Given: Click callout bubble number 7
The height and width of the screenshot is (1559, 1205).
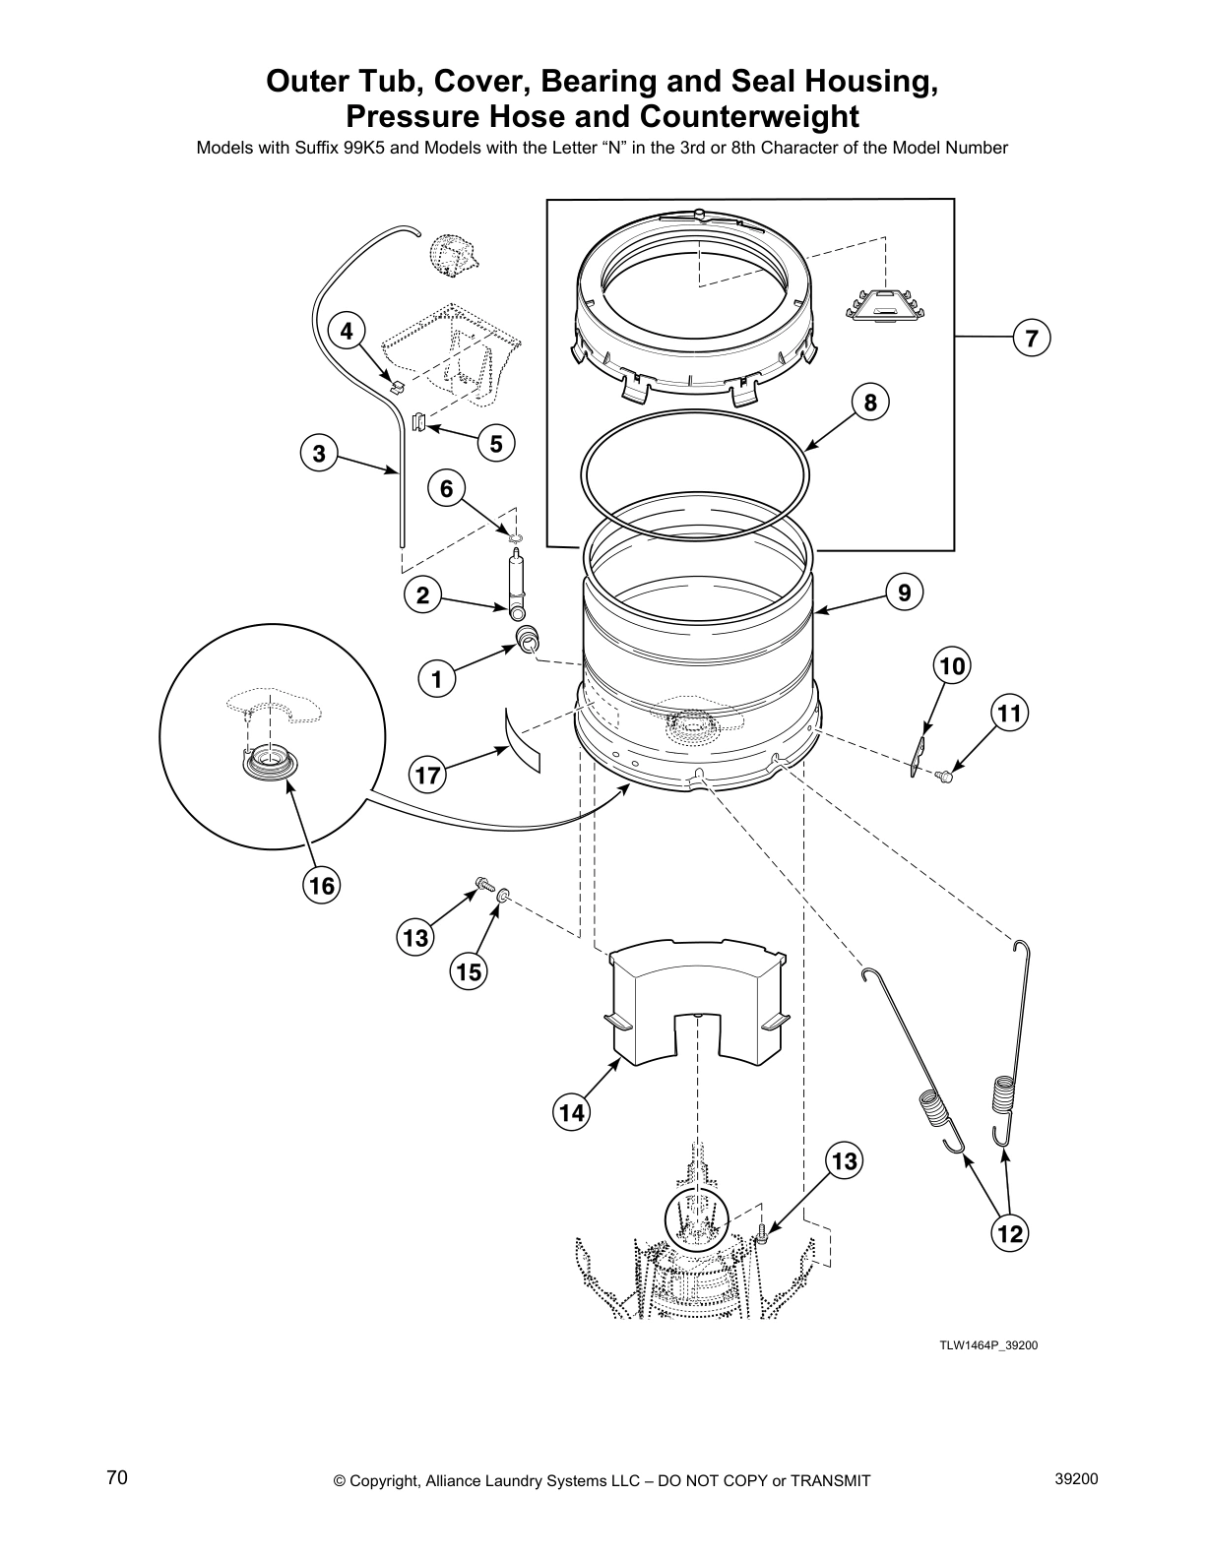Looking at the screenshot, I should click(x=1031, y=338).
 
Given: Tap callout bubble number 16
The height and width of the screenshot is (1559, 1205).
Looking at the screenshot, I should click(x=320, y=886).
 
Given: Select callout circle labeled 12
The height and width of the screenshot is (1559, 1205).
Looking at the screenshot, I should click(x=1010, y=1231).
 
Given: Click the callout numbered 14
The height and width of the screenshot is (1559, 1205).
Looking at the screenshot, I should click(x=571, y=1112).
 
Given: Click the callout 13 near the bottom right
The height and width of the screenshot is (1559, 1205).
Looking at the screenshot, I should click(x=844, y=1161).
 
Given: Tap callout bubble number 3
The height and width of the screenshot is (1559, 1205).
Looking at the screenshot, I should click(x=318, y=454).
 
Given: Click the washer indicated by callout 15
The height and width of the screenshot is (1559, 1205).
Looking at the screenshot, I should click(x=503, y=896).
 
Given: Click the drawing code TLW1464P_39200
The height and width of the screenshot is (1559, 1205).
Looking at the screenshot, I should click(x=987, y=1344).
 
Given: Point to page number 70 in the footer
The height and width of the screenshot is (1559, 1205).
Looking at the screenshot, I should click(x=117, y=1477).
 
